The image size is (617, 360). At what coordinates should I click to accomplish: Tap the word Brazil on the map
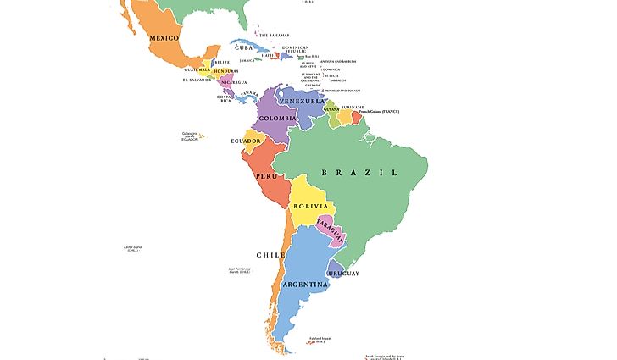coord(359,172)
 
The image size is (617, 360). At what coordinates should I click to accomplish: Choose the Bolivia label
coord(310,206)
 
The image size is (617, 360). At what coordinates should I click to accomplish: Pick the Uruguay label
coord(345,274)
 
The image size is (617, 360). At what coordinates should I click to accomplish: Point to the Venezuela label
coord(303,101)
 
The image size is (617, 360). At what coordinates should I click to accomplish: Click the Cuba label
coord(246,47)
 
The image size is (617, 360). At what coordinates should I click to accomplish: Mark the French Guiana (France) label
coord(378,112)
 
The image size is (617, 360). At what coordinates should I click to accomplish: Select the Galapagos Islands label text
coord(189,136)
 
